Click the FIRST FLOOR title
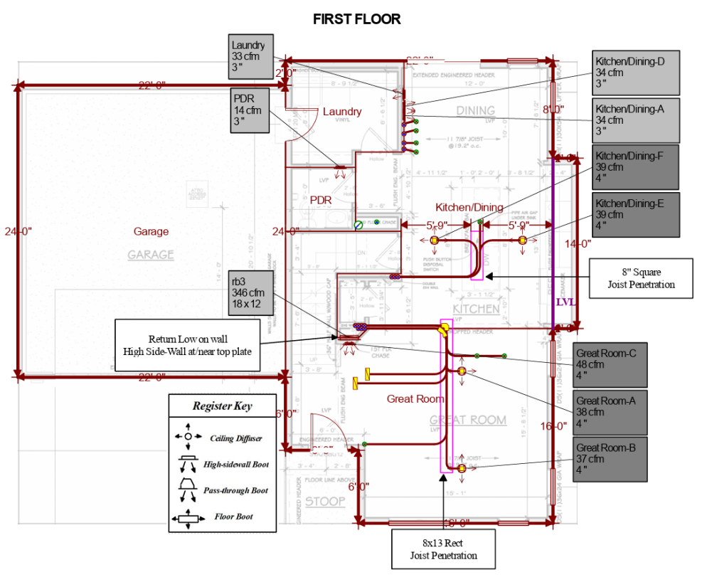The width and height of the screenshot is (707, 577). (x=356, y=19)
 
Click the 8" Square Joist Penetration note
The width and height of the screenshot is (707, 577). (x=641, y=277)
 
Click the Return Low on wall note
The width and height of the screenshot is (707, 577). (x=188, y=344)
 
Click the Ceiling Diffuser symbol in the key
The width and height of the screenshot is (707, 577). (x=188, y=436)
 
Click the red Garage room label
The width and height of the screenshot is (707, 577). (x=151, y=231)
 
